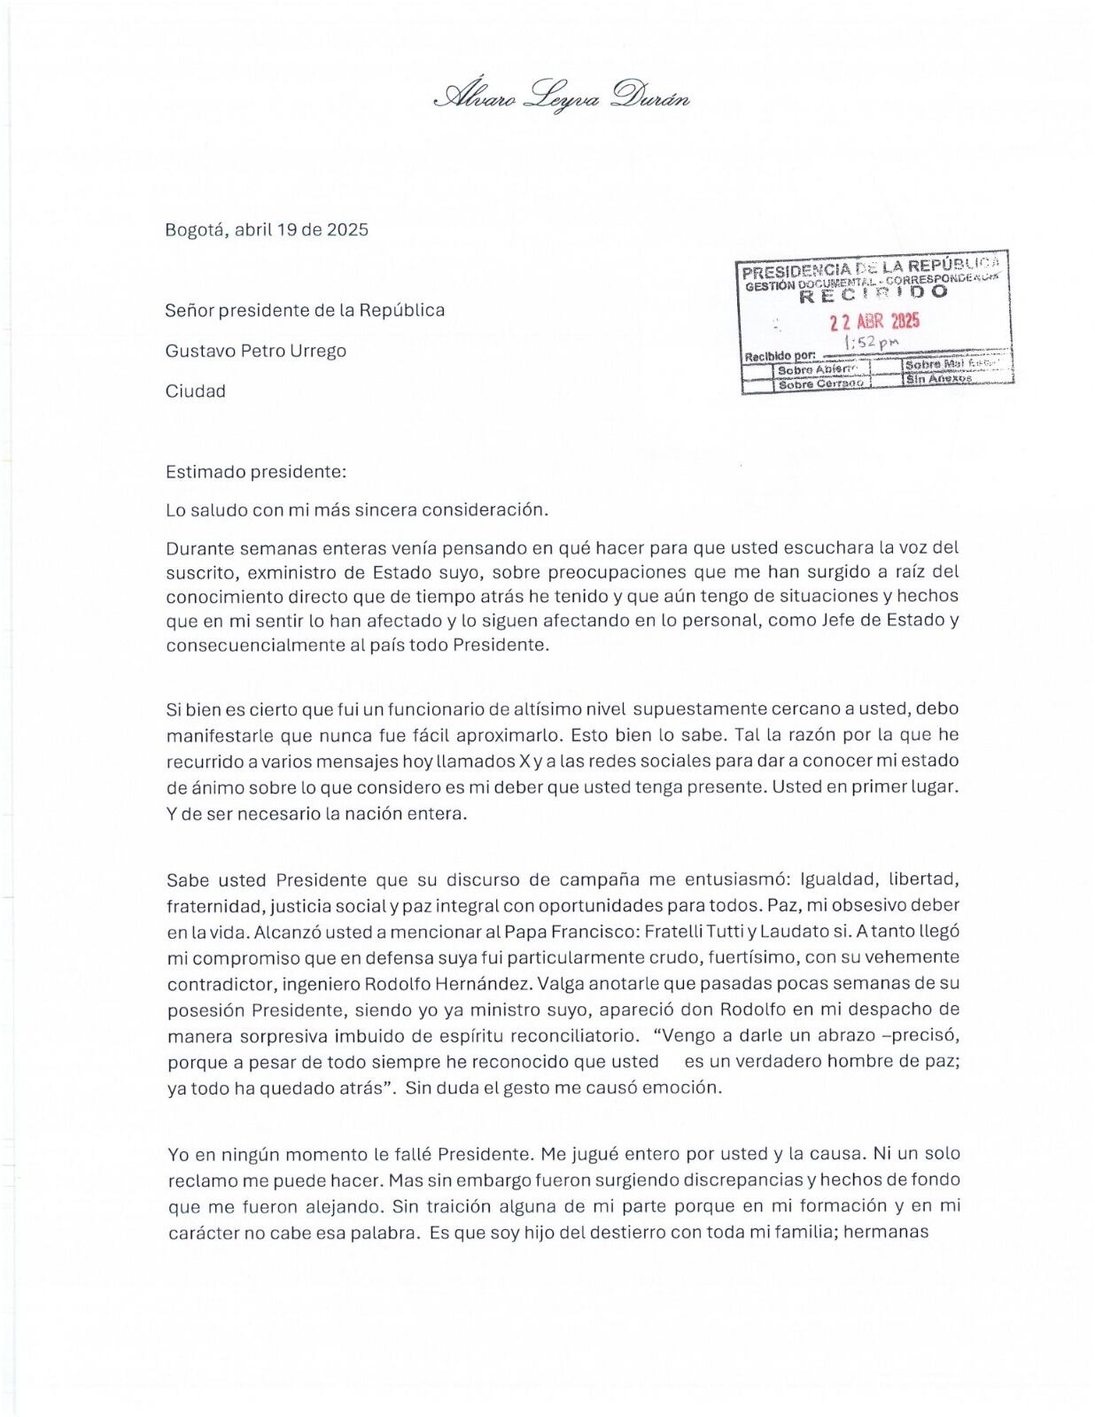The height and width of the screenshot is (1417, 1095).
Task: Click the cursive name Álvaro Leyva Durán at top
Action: pyautogui.click(x=562, y=95)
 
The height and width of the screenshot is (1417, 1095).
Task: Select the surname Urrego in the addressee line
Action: pyautogui.click(x=317, y=351)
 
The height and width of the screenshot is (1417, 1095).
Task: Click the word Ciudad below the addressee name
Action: pyautogui.click(x=195, y=391)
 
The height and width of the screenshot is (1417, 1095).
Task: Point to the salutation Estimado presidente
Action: pyautogui.click(x=255, y=472)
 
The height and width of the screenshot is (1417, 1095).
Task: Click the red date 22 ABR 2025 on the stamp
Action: pyautogui.click(x=874, y=321)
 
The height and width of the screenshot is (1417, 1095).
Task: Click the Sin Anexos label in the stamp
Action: pyautogui.click(x=938, y=379)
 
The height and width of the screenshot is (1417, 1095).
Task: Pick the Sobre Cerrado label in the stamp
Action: pyautogui.click(x=820, y=384)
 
